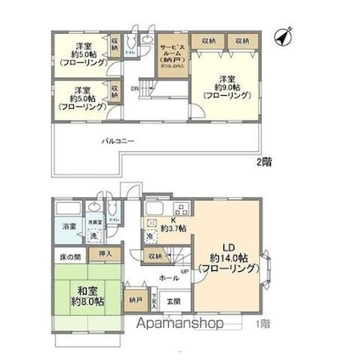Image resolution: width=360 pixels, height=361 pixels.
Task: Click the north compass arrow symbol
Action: click(284, 37)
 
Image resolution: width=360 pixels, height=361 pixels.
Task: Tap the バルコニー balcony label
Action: click(119, 141)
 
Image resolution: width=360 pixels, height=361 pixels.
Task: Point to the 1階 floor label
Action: click(264, 324)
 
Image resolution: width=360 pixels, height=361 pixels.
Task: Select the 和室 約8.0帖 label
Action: click(87, 294)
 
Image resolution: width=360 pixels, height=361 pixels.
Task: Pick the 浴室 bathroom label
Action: click(68, 227)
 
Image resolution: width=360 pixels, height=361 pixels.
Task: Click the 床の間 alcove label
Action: click(70, 254)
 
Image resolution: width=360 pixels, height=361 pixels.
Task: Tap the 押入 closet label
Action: click(105, 253)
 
